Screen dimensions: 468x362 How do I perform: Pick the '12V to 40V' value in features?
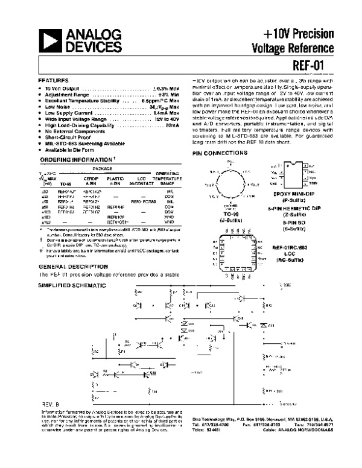[x=164, y=119]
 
